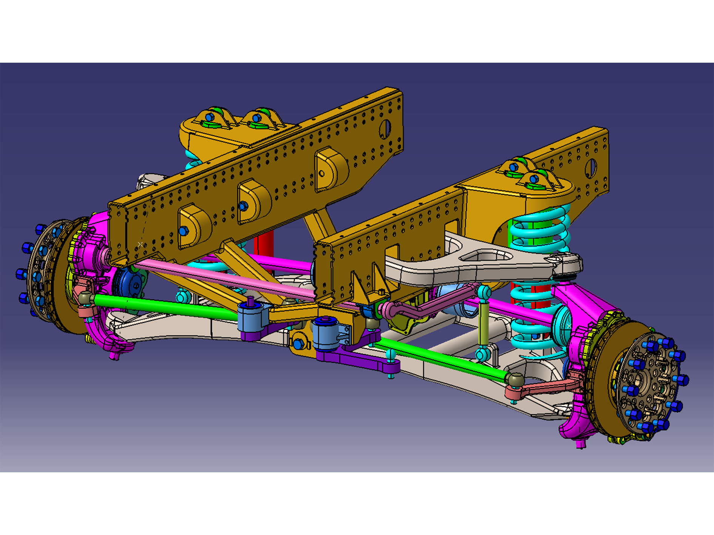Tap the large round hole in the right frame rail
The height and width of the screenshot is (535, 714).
tap(591, 169)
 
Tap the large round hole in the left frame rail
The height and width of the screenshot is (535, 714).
tap(385, 129)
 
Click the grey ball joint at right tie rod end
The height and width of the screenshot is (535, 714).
tap(515, 379)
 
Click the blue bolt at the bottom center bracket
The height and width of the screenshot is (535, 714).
tap(298, 344)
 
